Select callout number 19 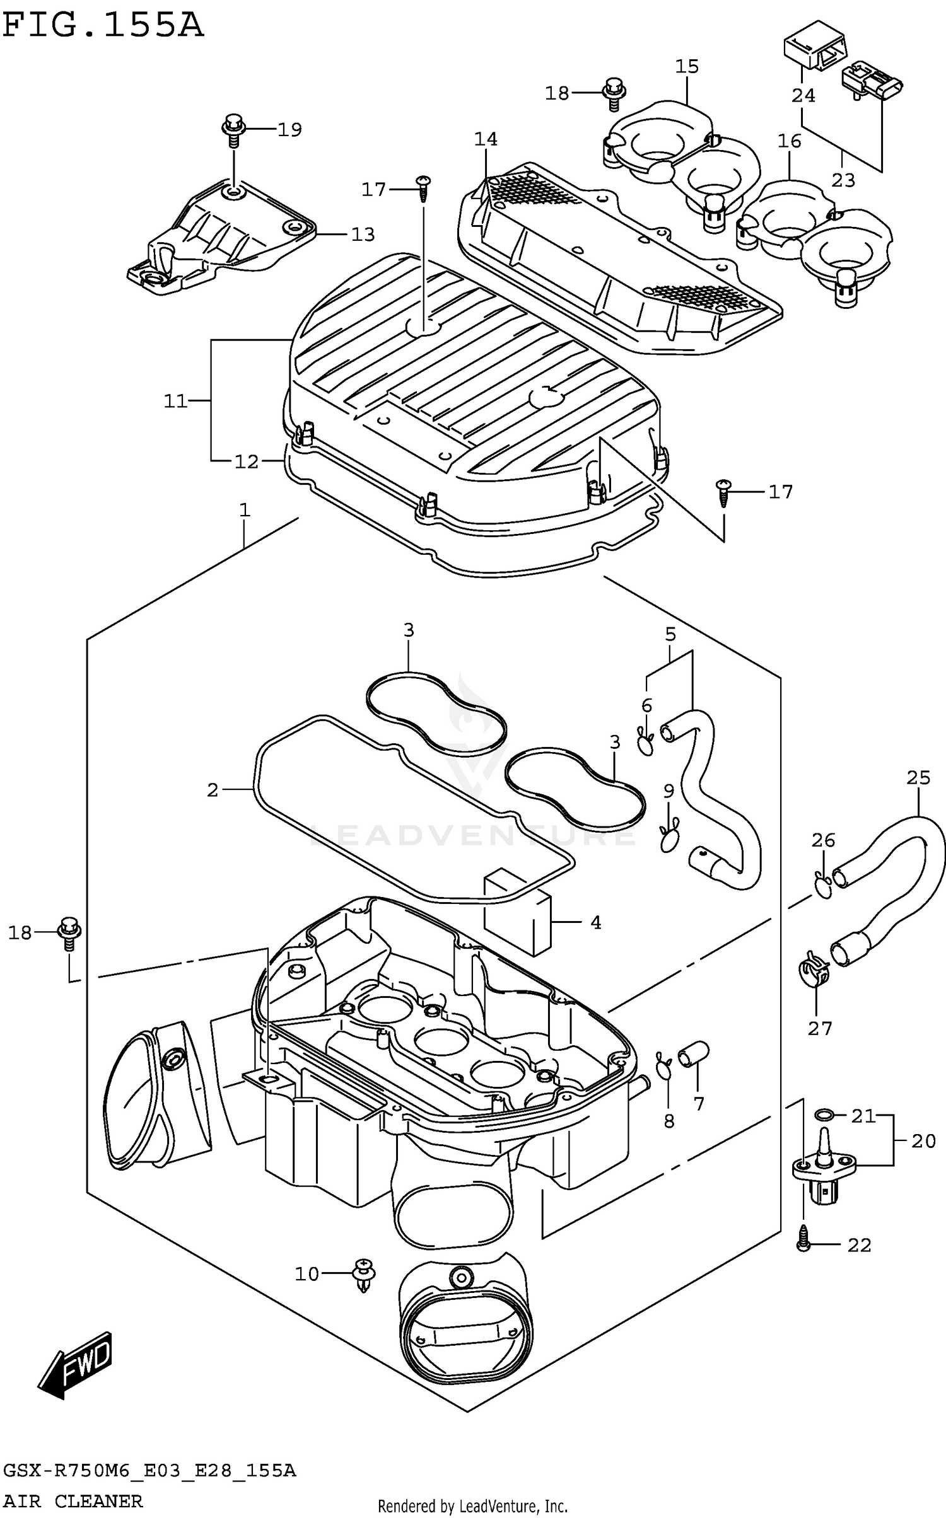coord(289,130)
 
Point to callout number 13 coord(363,235)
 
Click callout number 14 coord(486,139)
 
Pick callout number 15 coord(687,66)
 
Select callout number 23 coord(843,180)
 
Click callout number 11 coord(176,401)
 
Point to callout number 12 coord(247,462)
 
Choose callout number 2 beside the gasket coord(213,789)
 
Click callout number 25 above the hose coord(918,778)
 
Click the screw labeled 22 coord(803,1245)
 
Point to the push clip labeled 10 coord(364,1274)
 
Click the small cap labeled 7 coord(693,1053)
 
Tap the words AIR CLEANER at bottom coord(73,1502)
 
